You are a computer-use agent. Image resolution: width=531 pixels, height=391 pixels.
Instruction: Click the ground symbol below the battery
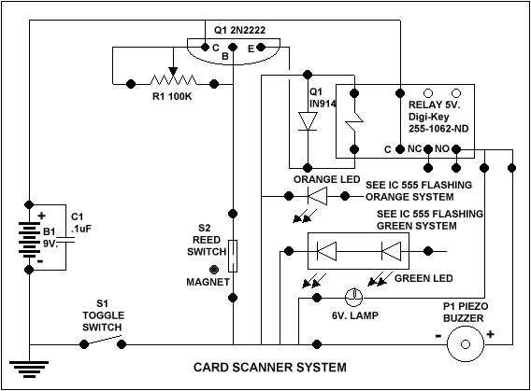pyautogui.click(x=29, y=369)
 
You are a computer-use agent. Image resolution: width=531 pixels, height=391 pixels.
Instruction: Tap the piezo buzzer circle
pyautogui.click(x=466, y=344)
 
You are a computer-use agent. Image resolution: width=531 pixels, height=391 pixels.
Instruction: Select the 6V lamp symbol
pyautogui.click(x=354, y=298)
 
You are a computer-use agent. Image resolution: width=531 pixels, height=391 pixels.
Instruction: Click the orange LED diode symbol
pyautogui.click(x=317, y=196)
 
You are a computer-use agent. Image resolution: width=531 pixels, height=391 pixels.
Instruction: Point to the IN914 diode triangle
pyautogui.click(x=308, y=121)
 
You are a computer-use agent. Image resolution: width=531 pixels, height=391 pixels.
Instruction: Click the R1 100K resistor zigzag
pyautogui.click(x=173, y=80)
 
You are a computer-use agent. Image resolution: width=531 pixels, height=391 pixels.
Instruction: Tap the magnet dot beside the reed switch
pyautogui.click(x=214, y=270)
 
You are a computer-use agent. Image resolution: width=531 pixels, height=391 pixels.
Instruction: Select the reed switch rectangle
pyautogui.click(x=233, y=256)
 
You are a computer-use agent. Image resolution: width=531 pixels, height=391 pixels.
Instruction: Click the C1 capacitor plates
pyautogui.click(x=65, y=240)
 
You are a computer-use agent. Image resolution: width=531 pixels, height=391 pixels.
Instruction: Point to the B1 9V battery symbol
pyautogui.click(x=29, y=239)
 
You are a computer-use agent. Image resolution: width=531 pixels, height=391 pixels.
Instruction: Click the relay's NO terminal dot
pyautogui.click(x=456, y=149)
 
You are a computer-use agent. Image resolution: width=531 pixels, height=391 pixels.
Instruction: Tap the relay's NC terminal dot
pyautogui.click(x=428, y=149)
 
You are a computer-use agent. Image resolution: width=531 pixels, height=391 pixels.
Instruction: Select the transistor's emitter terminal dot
pyautogui.click(x=261, y=47)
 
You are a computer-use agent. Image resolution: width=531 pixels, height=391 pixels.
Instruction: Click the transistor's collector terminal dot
pyautogui.click(x=205, y=47)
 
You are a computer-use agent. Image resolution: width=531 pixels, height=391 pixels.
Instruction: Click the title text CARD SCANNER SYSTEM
pyautogui.click(x=270, y=367)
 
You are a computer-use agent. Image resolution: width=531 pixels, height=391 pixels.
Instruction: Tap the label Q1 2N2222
pyautogui.click(x=239, y=31)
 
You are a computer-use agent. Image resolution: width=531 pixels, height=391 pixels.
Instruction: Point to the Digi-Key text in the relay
pyautogui.click(x=429, y=117)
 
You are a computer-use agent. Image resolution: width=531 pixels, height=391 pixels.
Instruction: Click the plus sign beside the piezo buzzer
pyautogui.click(x=491, y=334)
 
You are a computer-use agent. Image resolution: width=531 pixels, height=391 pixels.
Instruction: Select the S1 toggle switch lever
pyautogui.click(x=103, y=340)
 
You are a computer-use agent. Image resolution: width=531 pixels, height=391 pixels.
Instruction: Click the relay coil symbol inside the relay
pyautogui.click(x=354, y=121)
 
